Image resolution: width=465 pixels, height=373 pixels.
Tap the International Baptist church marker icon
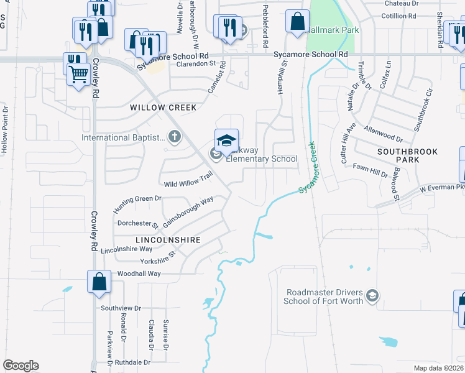pyautogui.click(x=175, y=137)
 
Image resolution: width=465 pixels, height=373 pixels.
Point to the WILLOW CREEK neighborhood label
pyautogui.click(x=163, y=108)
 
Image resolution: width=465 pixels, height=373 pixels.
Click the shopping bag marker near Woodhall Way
pyautogui.click(x=99, y=282)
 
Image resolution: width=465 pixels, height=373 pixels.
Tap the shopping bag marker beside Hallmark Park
pyautogui.click(x=298, y=21)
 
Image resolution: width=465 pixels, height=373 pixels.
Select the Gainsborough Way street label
pyautogui.click(x=188, y=212)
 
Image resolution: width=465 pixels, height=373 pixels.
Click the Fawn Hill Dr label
pyautogui.click(x=370, y=172)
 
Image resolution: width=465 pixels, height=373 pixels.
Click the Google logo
pyautogui.click(x=21, y=366)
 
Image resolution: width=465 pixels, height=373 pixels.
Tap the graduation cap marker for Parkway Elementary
pyautogui.click(x=226, y=140)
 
